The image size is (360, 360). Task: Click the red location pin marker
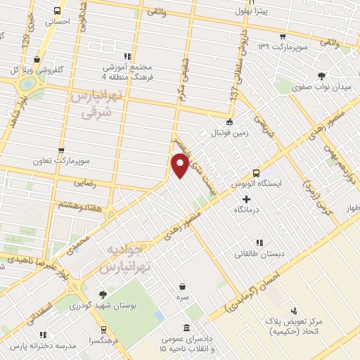point(181,166)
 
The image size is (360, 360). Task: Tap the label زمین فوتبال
point(236,130)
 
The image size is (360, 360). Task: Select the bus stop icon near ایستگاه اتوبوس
point(256,172)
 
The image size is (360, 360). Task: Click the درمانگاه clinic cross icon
point(245,198)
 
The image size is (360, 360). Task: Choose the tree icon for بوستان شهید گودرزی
point(103,295)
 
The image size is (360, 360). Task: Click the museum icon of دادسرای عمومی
point(186,328)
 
